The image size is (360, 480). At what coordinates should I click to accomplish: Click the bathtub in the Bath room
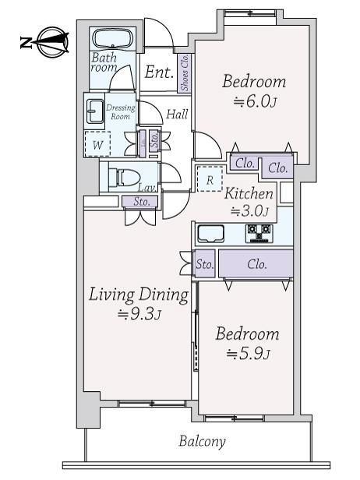tap(113, 39)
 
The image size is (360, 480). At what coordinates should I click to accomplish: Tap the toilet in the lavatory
tap(124, 178)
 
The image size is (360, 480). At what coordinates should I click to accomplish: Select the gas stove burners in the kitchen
tap(259, 234)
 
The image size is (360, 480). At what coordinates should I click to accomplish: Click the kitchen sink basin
tap(210, 234)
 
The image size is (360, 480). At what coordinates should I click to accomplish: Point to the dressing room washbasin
tap(95, 111)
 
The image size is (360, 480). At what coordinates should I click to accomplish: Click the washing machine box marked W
tap(97, 144)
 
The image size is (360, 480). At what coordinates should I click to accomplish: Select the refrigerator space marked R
tap(210, 179)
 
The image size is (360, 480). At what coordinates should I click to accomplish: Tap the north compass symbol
tap(44, 42)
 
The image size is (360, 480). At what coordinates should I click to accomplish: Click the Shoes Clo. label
tap(185, 73)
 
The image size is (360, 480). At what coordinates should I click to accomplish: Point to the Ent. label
tap(159, 72)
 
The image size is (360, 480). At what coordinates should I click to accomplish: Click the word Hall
tap(177, 115)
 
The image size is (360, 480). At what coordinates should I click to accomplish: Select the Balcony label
tap(203, 441)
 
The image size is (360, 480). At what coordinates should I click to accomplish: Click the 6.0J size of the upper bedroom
tap(255, 101)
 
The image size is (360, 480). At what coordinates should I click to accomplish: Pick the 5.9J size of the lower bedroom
tap(249, 354)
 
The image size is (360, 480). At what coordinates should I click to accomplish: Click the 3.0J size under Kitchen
tap(249, 211)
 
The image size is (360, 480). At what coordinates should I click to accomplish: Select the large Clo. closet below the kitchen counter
tap(256, 263)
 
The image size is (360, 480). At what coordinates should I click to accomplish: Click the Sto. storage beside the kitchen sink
tap(205, 263)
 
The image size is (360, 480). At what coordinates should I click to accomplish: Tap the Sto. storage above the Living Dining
tap(141, 201)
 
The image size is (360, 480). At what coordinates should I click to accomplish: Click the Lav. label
tap(146, 188)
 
